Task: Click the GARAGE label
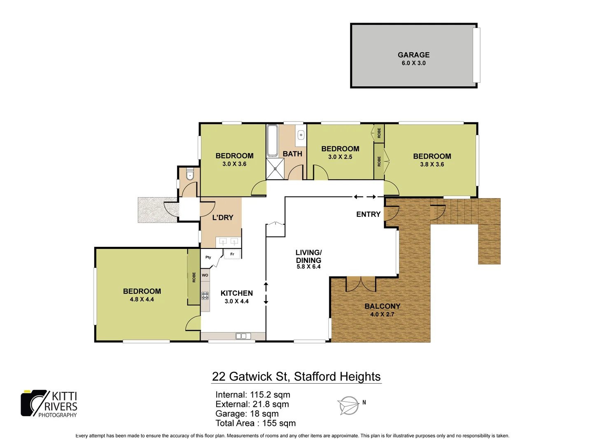tap(413, 55)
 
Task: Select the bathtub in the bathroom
tap(272, 141)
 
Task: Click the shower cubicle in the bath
tap(275, 169)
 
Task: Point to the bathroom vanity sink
tap(301, 135)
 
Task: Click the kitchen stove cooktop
tap(205, 295)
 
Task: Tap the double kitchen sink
tap(243, 336)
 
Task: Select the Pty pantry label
tap(208, 257)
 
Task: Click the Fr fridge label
tap(232, 254)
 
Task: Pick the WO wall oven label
tap(205, 275)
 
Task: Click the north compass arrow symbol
tap(348, 405)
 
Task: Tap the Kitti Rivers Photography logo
tap(49, 404)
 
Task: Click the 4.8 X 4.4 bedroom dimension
tap(142, 300)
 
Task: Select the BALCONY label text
tap(382, 306)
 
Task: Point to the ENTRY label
tap(368, 214)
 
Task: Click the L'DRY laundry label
tap(223, 218)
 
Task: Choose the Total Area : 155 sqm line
tap(255, 423)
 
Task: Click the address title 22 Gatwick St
tap(296, 377)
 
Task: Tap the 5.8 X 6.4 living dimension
tap(308, 267)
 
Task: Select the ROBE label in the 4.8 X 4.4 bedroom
tap(194, 277)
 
